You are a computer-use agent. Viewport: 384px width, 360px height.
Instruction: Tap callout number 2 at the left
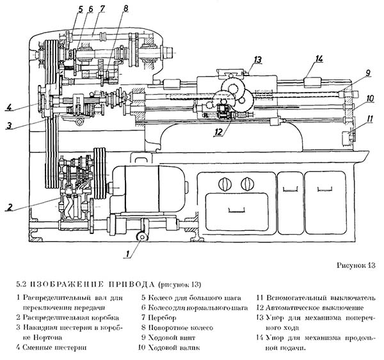click(9, 207)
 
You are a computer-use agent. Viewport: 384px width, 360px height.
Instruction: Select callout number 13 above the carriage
click(257, 60)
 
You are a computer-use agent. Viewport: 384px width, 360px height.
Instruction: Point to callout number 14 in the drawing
click(319, 59)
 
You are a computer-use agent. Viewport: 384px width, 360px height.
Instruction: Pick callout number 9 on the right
click(369, 74)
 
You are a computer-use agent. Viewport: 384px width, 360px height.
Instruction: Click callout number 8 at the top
click(125, 8)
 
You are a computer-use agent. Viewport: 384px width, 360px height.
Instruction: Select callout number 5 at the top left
click(80, 8)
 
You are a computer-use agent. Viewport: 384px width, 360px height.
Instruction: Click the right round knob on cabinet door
click(244, 185)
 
